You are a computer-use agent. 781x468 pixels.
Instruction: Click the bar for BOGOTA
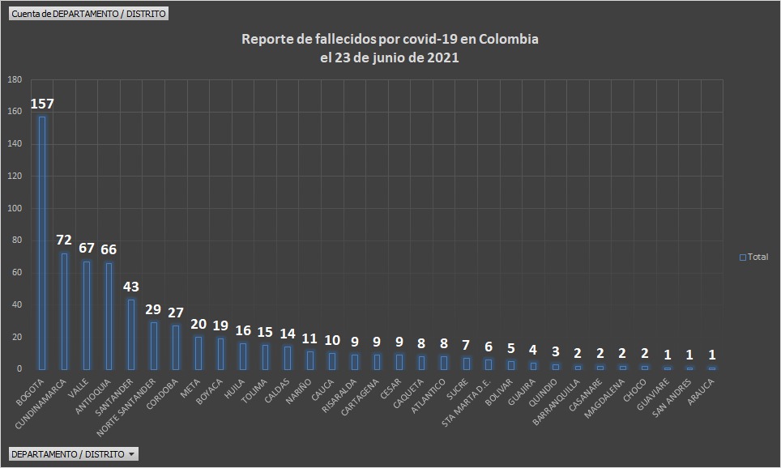(42, 243)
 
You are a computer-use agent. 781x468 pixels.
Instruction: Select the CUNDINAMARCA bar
(64, 311)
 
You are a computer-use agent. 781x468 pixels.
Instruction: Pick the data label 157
(42, 104)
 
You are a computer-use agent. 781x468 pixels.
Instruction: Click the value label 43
(131, 287)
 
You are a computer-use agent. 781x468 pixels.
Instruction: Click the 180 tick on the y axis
(15, 80)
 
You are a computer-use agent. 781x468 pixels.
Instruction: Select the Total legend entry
(753, 257)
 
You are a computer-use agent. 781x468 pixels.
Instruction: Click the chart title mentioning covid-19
(390, 49)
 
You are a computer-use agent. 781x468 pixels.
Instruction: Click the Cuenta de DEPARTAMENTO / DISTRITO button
(88, 14)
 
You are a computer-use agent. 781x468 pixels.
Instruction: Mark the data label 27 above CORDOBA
(176, 313)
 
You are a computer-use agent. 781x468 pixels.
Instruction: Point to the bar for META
(198, 353)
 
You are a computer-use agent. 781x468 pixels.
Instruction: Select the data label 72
(64, 240)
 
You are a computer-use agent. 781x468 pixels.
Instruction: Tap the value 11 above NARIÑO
(309, 338)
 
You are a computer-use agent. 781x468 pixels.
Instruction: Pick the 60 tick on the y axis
(16, 273)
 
